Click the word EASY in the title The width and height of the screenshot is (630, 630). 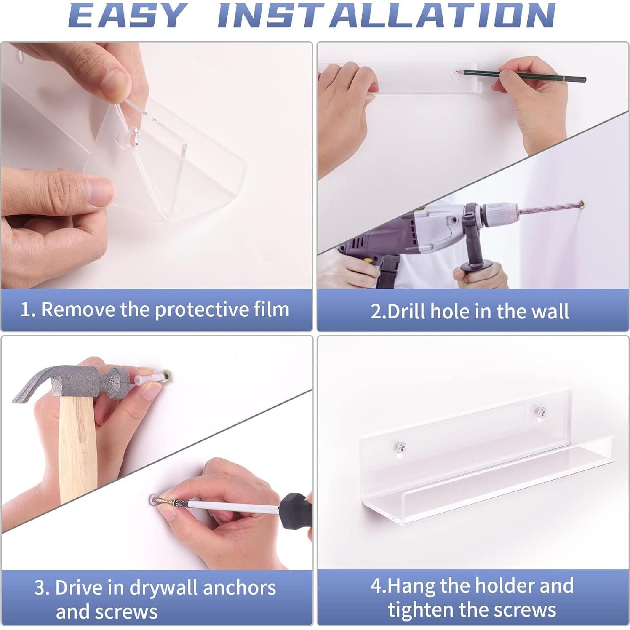pos(128,16)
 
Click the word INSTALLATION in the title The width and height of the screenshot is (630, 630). pos(386,16)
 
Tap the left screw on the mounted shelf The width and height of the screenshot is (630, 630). pos(400,447)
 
